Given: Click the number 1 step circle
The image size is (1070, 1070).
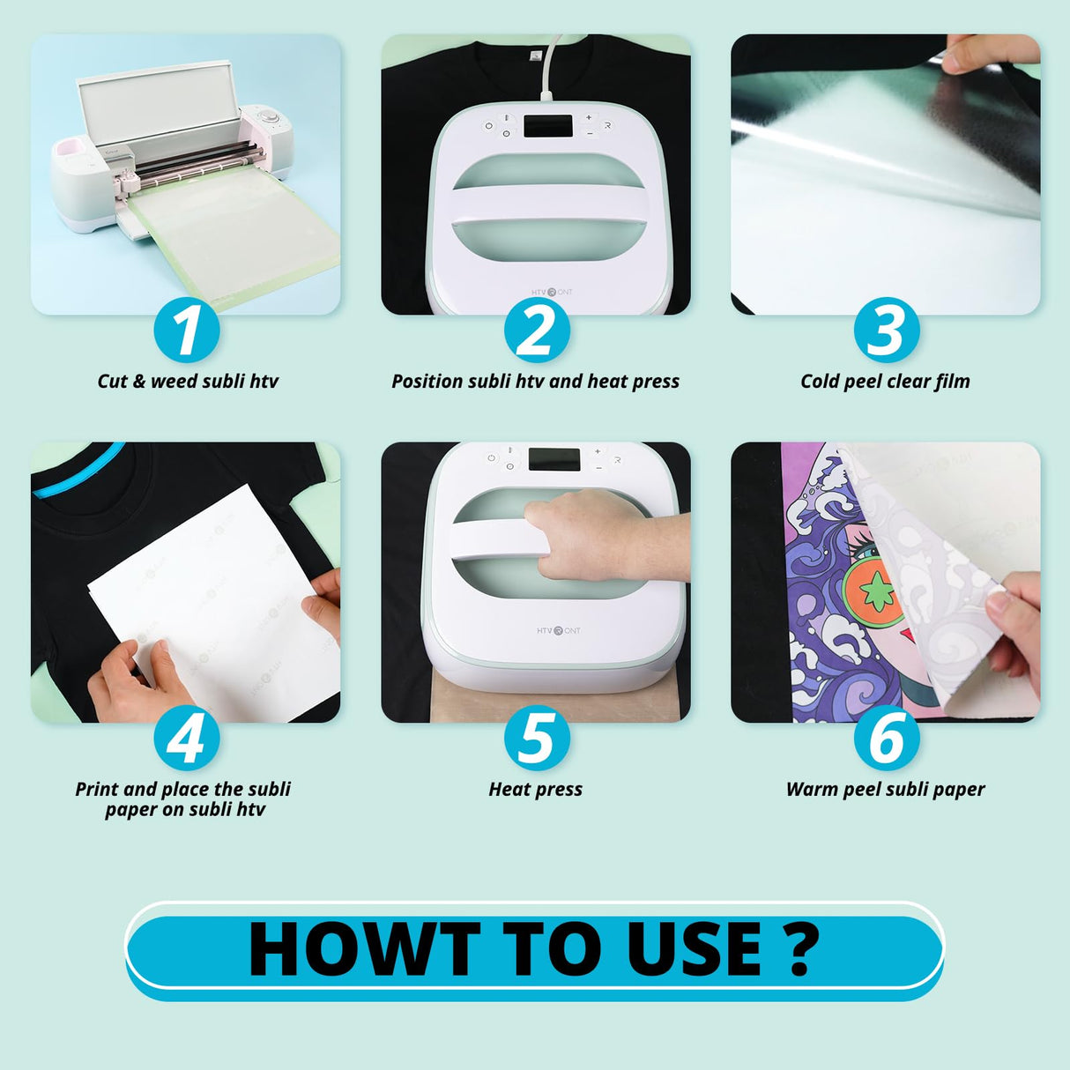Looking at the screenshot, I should (x=186, y=331).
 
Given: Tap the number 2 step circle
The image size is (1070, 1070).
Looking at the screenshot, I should (x=536, y=331).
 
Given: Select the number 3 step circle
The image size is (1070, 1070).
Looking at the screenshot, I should (x=886, y=331).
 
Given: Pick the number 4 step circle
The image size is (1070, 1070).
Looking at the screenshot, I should (x=186, y=739).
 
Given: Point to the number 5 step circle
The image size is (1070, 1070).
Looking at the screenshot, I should (x=536, y=739).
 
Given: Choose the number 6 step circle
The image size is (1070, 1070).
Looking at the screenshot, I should (x=886, y=739).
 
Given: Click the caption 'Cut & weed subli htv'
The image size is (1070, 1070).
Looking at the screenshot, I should (x=187, y=382).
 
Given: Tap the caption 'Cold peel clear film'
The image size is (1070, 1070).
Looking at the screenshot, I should (x=885, y=382).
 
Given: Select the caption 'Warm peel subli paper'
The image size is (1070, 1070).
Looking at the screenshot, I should (x=885, y=790).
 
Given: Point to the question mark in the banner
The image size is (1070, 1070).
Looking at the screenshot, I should (x=799, y=950).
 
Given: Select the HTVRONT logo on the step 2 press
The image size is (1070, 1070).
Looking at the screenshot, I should (x=552, y=292).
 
